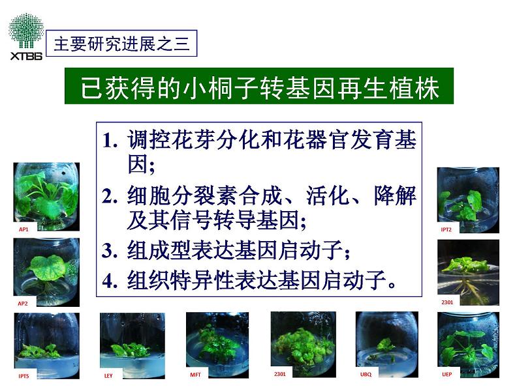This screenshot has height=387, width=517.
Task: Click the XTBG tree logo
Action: (x=26, y=36)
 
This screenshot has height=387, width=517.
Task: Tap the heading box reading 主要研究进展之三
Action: (x=121, y=43)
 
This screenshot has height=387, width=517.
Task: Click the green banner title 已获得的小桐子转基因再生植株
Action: (x=259, y=86)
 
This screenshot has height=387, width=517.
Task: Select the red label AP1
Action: (x=23, y=229)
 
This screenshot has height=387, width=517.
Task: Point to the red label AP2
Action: (x=23, y=303)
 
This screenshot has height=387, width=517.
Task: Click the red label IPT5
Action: (x=23, y=376)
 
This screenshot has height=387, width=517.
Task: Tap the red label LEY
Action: (x=108, y=375)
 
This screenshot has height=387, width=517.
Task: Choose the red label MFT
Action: (x=196, y=375)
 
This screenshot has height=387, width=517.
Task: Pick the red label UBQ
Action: (x=366, y=374)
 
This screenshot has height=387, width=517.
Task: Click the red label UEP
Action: (x=447, y=374)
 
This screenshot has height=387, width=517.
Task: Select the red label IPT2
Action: (x=446, y=229)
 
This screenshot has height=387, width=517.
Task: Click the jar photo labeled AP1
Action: (x=46, y=197)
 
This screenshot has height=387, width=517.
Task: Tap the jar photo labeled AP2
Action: (x=46, y=272)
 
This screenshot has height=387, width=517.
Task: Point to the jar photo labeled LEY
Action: (x=133, y=345)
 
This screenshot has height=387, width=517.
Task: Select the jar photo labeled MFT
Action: (x=217, y=345)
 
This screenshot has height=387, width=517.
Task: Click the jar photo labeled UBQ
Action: (x=387, y=345)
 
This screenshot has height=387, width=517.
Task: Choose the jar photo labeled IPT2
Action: (x=468, y=200)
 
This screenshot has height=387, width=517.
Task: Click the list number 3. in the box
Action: (x=110, y=251)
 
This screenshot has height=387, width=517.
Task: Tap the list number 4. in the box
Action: (x=110, y=281)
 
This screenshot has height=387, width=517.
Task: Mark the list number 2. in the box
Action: (x=110, y=196)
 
